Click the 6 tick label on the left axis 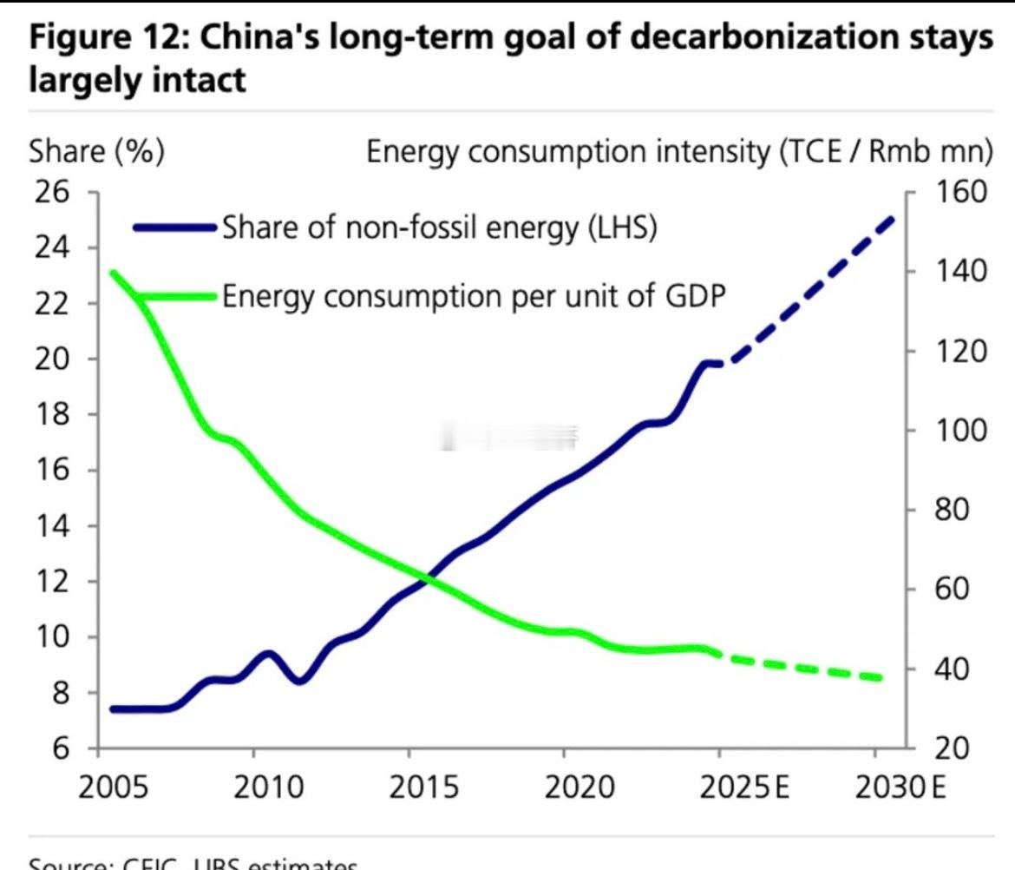(x=61, y=748)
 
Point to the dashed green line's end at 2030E (x=880, y=677)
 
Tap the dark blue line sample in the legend (x=174, y=228)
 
